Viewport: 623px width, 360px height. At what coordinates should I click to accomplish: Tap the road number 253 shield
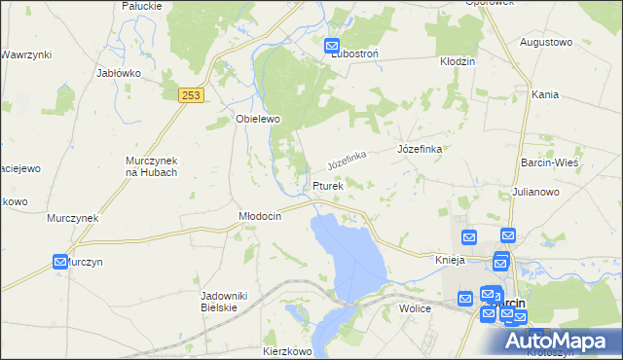click(x=190, y=94)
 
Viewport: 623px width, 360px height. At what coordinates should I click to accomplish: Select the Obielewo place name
click(x=258, y=119)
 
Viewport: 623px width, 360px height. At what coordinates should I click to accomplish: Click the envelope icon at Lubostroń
click(x=332, y=46)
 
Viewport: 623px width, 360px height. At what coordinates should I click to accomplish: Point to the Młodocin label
click(x=260, y=216)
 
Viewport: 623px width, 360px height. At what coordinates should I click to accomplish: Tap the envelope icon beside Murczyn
click(x=60, y=262)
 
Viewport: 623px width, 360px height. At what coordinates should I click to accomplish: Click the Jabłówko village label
click(x=120, y=73)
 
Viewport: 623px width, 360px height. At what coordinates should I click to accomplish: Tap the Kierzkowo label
click(x=286, y=349)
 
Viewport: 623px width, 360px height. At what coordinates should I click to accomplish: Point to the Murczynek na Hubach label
click(x=151, y=166)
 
